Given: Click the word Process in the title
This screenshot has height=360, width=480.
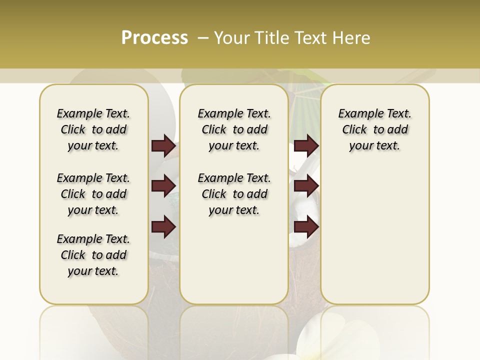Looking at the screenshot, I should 154,37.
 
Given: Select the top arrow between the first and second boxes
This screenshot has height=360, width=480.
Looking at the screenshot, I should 163,146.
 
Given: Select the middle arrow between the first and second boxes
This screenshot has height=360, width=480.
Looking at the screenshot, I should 163,186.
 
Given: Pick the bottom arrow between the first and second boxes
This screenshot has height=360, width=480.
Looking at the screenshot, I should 163,227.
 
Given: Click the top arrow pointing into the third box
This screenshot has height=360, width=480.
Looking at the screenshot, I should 306,146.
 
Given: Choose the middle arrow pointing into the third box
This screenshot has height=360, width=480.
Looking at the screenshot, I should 306,186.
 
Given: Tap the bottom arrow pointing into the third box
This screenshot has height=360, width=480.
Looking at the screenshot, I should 306,227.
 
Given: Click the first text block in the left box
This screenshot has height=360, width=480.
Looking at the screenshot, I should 93,129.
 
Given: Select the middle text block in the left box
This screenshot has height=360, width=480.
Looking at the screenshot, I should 93,194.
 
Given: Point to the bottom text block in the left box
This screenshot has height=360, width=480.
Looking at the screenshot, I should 93,255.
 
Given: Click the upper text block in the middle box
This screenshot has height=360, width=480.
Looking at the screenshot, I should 234,129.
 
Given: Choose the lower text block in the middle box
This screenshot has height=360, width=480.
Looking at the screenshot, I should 234,194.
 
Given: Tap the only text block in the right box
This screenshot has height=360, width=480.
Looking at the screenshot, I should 374,129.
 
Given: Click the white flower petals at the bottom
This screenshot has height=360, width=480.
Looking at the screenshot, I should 320,340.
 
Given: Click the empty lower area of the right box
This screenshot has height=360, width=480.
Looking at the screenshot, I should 374,235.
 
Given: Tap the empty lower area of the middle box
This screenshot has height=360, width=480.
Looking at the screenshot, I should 234,260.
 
